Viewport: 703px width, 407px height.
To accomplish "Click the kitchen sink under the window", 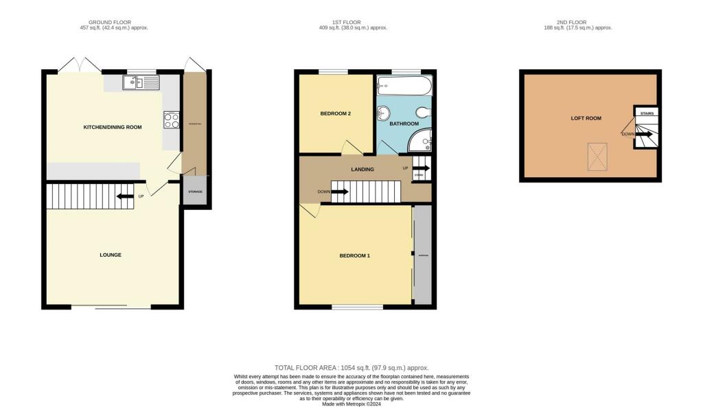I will [141, 83].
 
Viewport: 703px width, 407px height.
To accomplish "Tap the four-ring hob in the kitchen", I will [170, 120].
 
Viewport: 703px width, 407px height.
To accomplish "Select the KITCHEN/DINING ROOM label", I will [113, 127].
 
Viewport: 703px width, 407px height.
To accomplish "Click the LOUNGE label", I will [110, 255].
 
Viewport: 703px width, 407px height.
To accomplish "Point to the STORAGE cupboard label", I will [196, 191].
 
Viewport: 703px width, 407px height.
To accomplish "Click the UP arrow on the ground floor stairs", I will [125, 196].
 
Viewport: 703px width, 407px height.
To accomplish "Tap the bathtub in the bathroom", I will [404, 86].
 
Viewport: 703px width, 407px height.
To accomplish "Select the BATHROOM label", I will [404, 124].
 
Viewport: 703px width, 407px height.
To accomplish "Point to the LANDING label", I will [362, 169].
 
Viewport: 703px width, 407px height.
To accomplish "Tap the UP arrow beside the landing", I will [421, 168].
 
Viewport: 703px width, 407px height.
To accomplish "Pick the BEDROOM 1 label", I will [354, 256].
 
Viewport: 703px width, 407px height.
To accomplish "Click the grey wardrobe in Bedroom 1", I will [422, 255].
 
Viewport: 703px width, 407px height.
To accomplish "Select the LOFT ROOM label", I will [586, 118].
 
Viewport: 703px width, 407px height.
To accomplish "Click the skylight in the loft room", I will [597, 158].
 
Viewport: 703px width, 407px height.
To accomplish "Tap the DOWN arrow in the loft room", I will [644, 135].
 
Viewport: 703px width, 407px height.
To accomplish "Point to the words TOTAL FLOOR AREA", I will [306, 368].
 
